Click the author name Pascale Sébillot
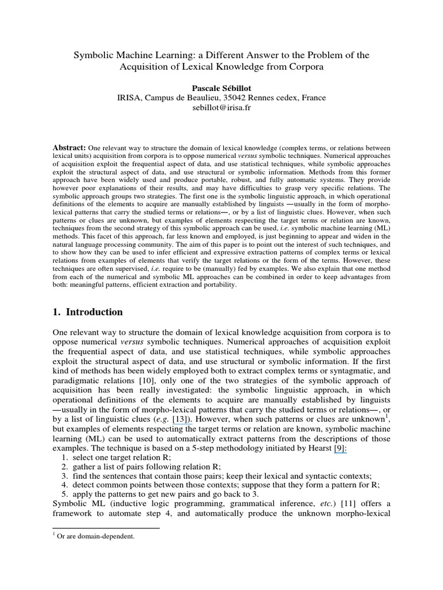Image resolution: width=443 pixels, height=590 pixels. coord(221,87)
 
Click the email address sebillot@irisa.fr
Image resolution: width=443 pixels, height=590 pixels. coord(221,108)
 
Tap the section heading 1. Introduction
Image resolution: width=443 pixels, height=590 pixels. coord(88,312)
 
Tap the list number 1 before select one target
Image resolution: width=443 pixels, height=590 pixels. coord(64,458)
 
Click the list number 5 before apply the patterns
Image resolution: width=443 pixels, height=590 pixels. coord(64,494)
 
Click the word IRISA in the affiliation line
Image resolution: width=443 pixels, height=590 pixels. coord(130,97)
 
